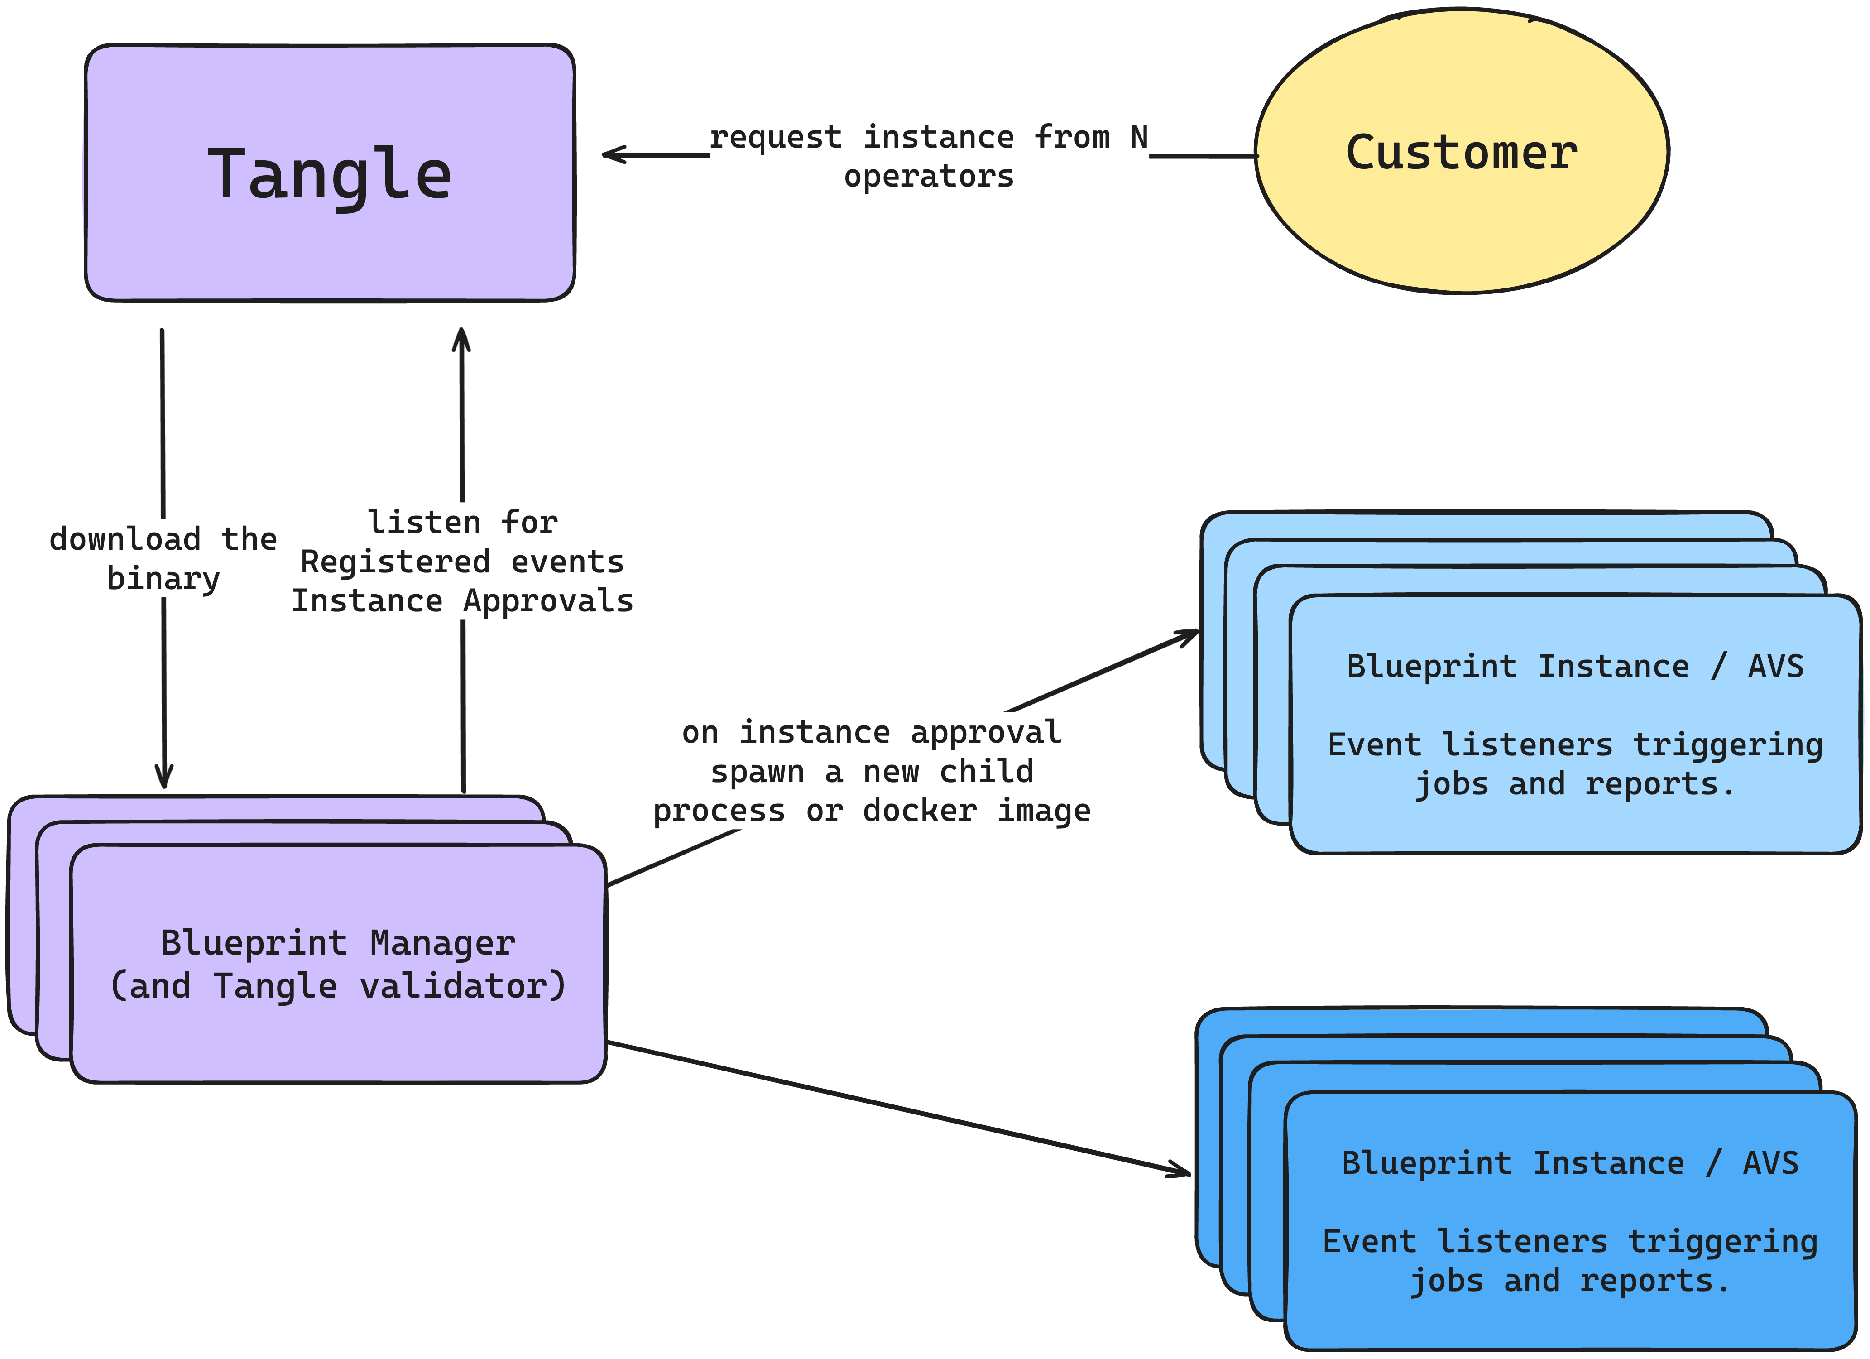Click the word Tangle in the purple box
point(329,175)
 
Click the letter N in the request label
point(1139,137)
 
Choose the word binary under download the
point(163,579)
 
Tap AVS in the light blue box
point(1775,666)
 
